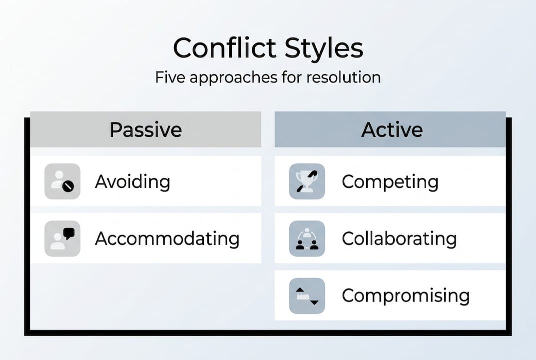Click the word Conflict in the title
(224, 49)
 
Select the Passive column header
(145, 130)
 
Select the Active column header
(392, 130)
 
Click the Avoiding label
(132, 181)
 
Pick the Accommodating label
(167, 238)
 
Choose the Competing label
(390, 181)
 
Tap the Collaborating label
(399, 238)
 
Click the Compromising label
(405, 295)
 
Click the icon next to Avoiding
(62, 181)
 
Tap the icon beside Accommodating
(62, 238)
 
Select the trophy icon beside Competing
(307, 181)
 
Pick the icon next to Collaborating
(307, 238)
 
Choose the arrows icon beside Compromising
(307, 295)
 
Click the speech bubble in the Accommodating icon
(69, 232)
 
